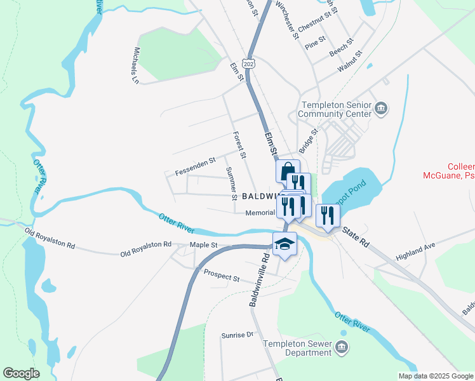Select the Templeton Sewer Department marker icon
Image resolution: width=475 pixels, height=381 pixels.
click(x=342, y=347)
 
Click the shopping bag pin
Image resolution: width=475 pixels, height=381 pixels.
click(x=287, y=171)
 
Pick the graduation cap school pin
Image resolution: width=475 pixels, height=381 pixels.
click(x=284, y=244)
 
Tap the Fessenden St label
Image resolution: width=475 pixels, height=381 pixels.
click(x=196, y=167)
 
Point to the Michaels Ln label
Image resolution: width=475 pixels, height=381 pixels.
click(x=136, y=65)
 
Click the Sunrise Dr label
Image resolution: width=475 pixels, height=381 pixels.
click(x=237, y=335)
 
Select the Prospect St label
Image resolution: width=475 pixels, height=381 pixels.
click(x=222, y=277)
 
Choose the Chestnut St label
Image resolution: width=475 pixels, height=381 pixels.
click(x=315, y=27)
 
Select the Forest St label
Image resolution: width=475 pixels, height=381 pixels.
click(x=239, y=145)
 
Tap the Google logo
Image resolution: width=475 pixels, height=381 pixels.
click(x=21, y=373)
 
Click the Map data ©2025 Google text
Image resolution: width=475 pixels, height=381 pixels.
click(x=436, y=376)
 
